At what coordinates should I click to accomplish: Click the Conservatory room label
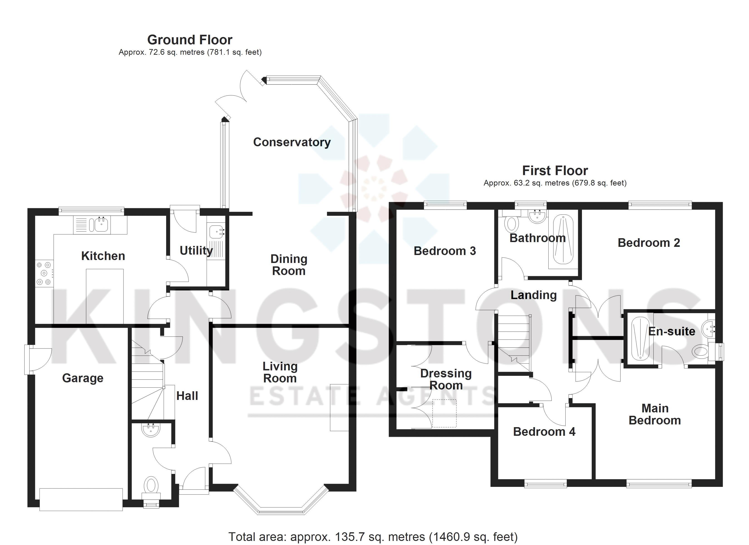pyautogui.click(x=292, y=142)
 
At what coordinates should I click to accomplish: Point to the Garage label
pyautogui.click(x=83, y=378)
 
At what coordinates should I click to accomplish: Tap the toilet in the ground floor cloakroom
pyautogui.click(x=151, y=486)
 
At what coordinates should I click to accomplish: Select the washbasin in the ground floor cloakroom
pyautogui.click(x=151, y=429)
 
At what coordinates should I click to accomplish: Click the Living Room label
pyautogui.click(x=280, y=372)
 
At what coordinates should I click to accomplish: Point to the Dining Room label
pyautogui.click(x=289, y=265)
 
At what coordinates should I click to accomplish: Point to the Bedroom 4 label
pyautogui.click(x=544, y=432)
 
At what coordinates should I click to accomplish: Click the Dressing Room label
pyautogui.click(x=446, y=379)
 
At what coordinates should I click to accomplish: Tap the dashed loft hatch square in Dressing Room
pyautogui.click(x=444, y=414)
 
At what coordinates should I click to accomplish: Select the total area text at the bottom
pyautogui.click(x=373, y=537)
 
